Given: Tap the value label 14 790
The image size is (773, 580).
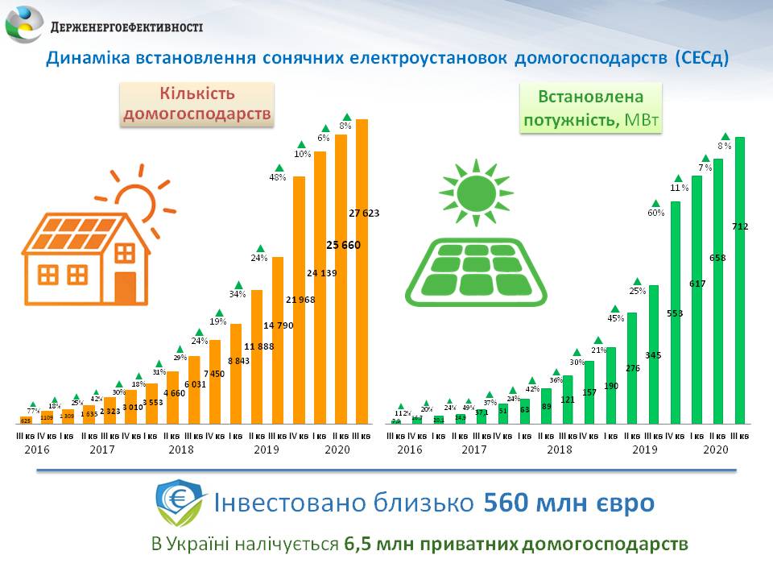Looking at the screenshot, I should (x=278, y=325).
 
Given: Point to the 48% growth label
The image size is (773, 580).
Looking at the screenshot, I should (x=278, y=177).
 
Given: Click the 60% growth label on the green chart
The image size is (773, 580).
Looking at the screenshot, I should (x=655, y=213).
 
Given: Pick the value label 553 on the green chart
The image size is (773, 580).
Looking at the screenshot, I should (x=675, y=312).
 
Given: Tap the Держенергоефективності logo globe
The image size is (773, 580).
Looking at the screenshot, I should (x=24, y=24).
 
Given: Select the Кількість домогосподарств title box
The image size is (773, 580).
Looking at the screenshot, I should (x=197, y=105).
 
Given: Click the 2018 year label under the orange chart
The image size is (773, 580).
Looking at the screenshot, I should (x=180, y=450).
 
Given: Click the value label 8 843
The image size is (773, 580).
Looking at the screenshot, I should (x=237, y=360).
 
